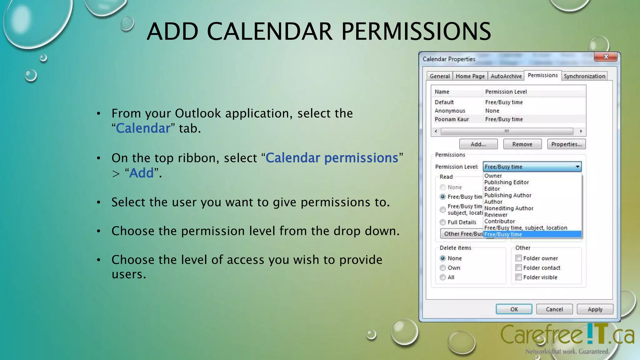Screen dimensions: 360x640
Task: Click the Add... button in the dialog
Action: pyautogui.click(x=478, y=144)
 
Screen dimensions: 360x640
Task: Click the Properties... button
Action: pyautogui.click(x=566, y=144)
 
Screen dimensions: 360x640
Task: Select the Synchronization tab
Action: pyautogui.click(x=584, y=76)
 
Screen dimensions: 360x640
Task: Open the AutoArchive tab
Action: pyautogui.click(x=506, y=76)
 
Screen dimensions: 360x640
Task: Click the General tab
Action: pyautogui.click(x=439, y=76)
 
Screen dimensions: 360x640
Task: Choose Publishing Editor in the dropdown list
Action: pyautogui.click(x=506, y=182)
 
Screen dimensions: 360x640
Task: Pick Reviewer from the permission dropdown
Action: pyautogui.click(x=496, y=215)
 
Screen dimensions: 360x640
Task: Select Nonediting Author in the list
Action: pyautogui.click(x=508, y=208)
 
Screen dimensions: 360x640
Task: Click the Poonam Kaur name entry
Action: pyautogui.click(x=452, y=119)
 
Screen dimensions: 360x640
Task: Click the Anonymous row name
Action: pyautogui.click(x=450, y=111)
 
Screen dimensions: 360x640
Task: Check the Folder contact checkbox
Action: pyautogui.click(x=519, y=268)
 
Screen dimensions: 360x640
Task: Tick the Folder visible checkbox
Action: pyautogui.click(x=519, y=277)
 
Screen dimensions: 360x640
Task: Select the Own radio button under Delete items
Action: pyautogui.click(x=443, y=268)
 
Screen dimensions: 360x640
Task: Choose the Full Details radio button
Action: pyautogui.click(x=443, y=222)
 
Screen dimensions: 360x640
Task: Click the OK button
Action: pyautogui.click(x=514, y=309)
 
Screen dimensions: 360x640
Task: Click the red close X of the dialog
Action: pyautogui.click(x=606, y=57)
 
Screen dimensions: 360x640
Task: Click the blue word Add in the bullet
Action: pyautogui.click(x=142, y=173)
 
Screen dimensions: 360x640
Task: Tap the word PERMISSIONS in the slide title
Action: pyautogui.click(x=416, y=32)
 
